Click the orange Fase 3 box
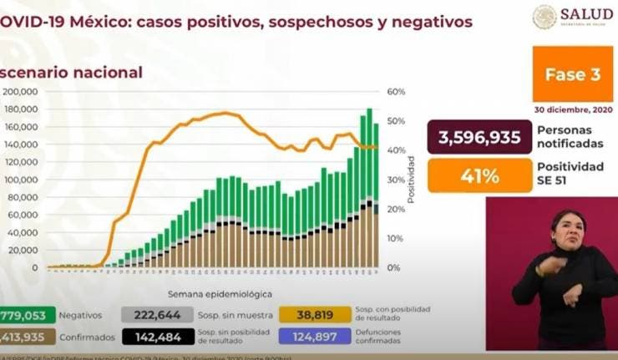click(573, 74)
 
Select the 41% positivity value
click(479, 176)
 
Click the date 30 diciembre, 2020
click(572, 109)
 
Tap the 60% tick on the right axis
click(395, 92)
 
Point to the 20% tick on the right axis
click(395, 210)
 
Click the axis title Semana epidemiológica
click(220, 294)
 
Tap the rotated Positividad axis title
click(411, 179)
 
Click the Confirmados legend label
click(88, 337)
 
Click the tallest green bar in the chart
click(369, 155)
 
